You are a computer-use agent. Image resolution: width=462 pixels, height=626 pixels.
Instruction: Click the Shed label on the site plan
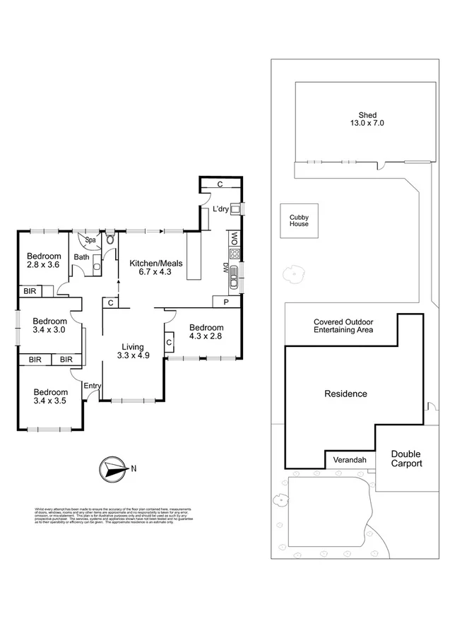point(367,119)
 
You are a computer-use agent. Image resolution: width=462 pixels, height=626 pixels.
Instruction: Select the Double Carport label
point(406,459)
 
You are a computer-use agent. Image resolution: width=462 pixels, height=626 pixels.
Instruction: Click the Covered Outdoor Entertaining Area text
point(343,326)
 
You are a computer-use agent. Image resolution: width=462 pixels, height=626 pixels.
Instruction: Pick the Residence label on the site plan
point(345,394)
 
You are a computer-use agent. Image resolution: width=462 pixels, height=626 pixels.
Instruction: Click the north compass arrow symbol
point(112,467)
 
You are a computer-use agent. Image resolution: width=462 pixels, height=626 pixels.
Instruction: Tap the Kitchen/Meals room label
point(156,268)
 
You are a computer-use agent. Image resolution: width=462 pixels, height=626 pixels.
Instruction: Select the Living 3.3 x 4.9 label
point(132,351)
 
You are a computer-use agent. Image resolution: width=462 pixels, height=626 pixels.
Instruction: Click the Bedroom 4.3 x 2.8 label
point(206,332)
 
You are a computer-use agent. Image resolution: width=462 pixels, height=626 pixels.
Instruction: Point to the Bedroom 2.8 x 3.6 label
point(43,261)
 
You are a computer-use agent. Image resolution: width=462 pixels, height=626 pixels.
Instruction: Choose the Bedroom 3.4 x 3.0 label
point(49,324)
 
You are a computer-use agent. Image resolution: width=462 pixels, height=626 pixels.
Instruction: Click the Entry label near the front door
point(93,386)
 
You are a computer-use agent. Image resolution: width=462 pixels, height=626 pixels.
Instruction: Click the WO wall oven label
point(232,239)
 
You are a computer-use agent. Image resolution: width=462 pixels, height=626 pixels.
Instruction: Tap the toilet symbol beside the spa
point(110,239)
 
